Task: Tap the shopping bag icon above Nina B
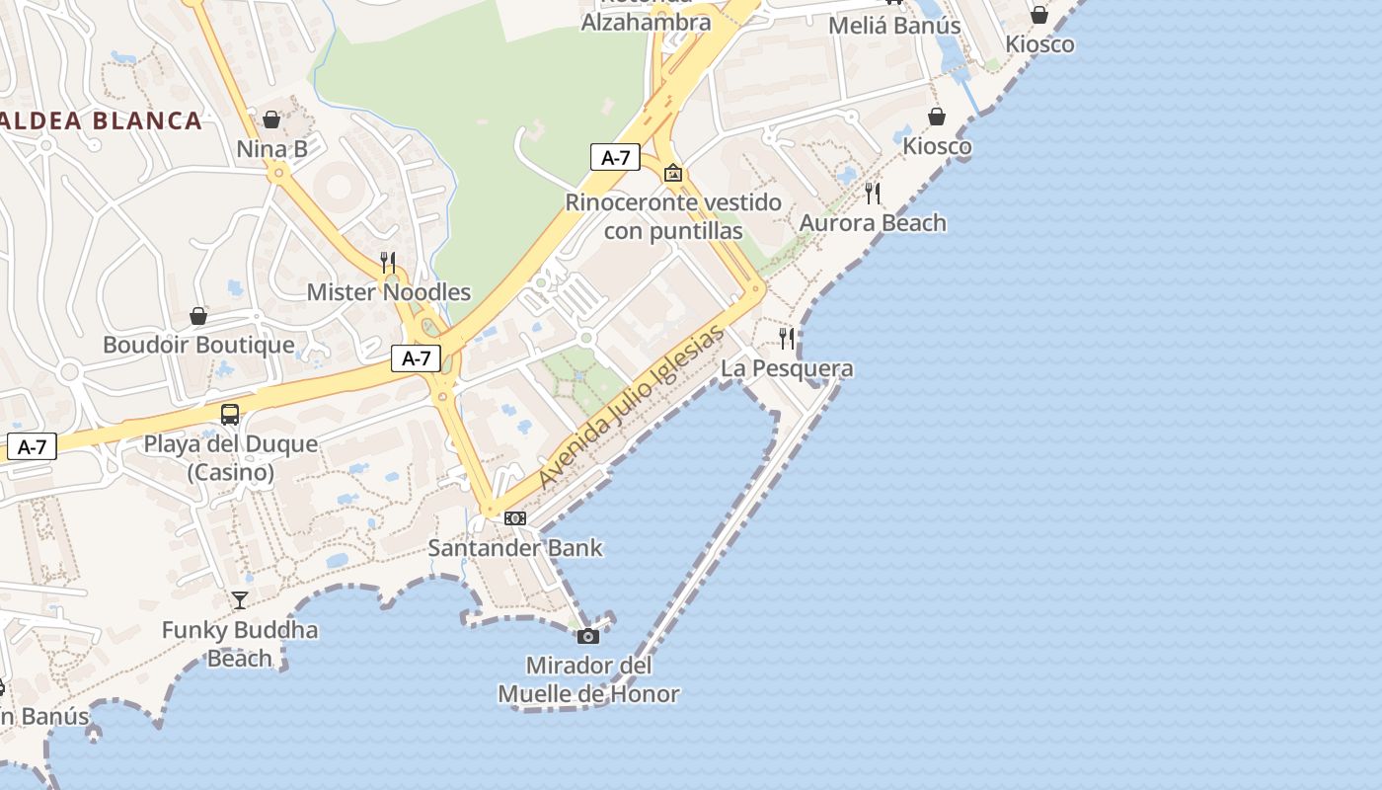tap(271, 119)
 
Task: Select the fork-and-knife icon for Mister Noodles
tap(388, 262)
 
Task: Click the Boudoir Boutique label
tap(198, 345)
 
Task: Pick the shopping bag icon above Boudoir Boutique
tap(198, 316)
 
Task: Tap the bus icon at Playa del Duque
tap(230, 415)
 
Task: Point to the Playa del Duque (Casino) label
tap(231, 458)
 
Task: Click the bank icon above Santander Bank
tap(515, 518)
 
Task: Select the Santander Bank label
tap(514, 547)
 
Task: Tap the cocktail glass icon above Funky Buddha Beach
tap(240, 599)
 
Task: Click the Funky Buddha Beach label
tap(240, 644)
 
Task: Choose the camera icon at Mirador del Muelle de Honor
tap(588, 636)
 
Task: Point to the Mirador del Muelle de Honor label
tap(588, 679)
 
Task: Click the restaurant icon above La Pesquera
tap(787, 339)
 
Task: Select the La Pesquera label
tap(787, 368)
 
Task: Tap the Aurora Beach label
tap(873, 222)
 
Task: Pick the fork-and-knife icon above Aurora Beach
tap(873, 193)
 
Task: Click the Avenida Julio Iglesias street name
tap(632, 407)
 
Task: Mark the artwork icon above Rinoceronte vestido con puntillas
tap(673, 173)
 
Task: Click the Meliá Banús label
tap(894, 26)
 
